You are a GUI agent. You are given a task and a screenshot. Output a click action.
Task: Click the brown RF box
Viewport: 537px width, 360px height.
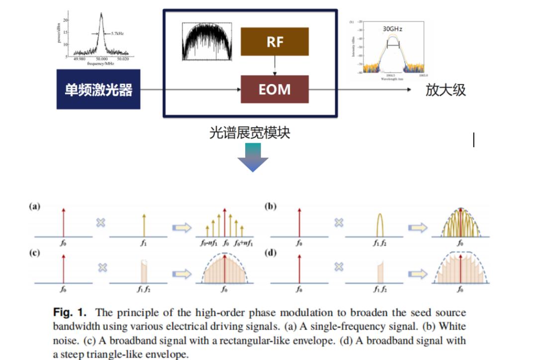(x=274, y=41)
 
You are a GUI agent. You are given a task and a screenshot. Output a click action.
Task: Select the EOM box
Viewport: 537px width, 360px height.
(x=274, y=89)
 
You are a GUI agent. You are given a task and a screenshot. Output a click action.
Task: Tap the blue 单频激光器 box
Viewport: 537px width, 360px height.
(x=98, y=90)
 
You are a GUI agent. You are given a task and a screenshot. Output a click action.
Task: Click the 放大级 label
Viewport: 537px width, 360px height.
(x=446, y=90)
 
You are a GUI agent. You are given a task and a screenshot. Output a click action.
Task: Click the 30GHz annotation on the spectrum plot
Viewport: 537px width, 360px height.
(x=393, y=29)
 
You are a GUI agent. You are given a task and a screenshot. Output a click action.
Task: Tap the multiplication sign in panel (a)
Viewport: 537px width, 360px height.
(x=101, y=222)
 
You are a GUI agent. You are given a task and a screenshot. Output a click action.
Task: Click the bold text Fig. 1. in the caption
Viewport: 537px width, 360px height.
(x=70, y=313)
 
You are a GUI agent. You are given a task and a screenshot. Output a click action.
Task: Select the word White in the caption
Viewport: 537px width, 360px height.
(x=452, y=327)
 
